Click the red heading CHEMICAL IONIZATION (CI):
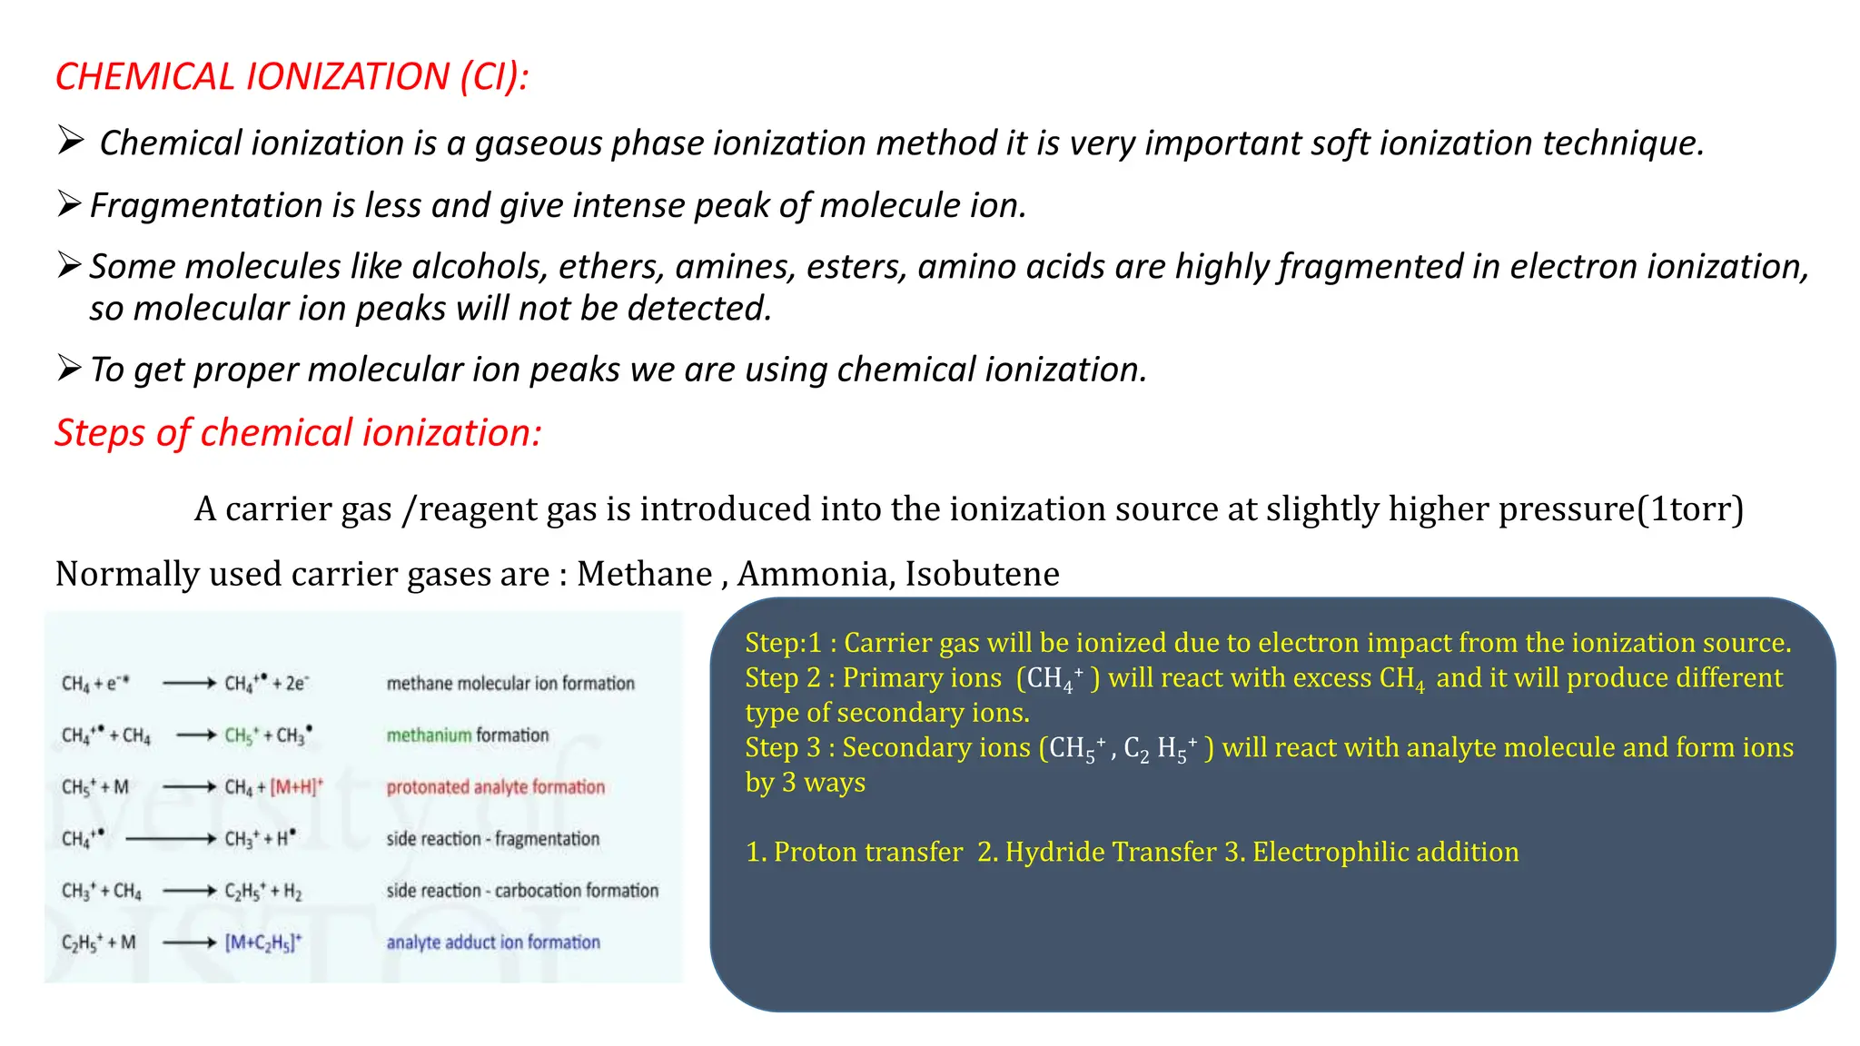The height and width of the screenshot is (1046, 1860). point(291,76)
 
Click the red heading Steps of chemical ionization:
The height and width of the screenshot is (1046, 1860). point(298,433)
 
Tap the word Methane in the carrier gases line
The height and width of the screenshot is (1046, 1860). point(644,574)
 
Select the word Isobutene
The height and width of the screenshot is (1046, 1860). point(982,574)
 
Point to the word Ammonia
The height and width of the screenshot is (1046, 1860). point(813,574)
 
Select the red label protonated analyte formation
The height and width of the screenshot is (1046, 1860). point(495,787)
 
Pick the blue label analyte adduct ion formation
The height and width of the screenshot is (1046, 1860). point(493,942)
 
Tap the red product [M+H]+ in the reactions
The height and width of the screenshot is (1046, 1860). point(296,787)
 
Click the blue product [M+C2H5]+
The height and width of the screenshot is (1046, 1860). point(263,942)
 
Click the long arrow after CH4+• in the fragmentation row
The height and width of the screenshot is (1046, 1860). point(170,839)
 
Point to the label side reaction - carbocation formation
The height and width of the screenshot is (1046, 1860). point(522,891)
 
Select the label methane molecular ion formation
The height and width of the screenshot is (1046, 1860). point(510,683)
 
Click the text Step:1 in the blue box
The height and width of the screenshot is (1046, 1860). point(783,643)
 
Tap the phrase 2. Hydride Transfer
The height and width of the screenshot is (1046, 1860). point(1096,852)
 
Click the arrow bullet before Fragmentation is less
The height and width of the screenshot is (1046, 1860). point(70,203)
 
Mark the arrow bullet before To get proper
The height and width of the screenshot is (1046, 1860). point(70,368)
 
